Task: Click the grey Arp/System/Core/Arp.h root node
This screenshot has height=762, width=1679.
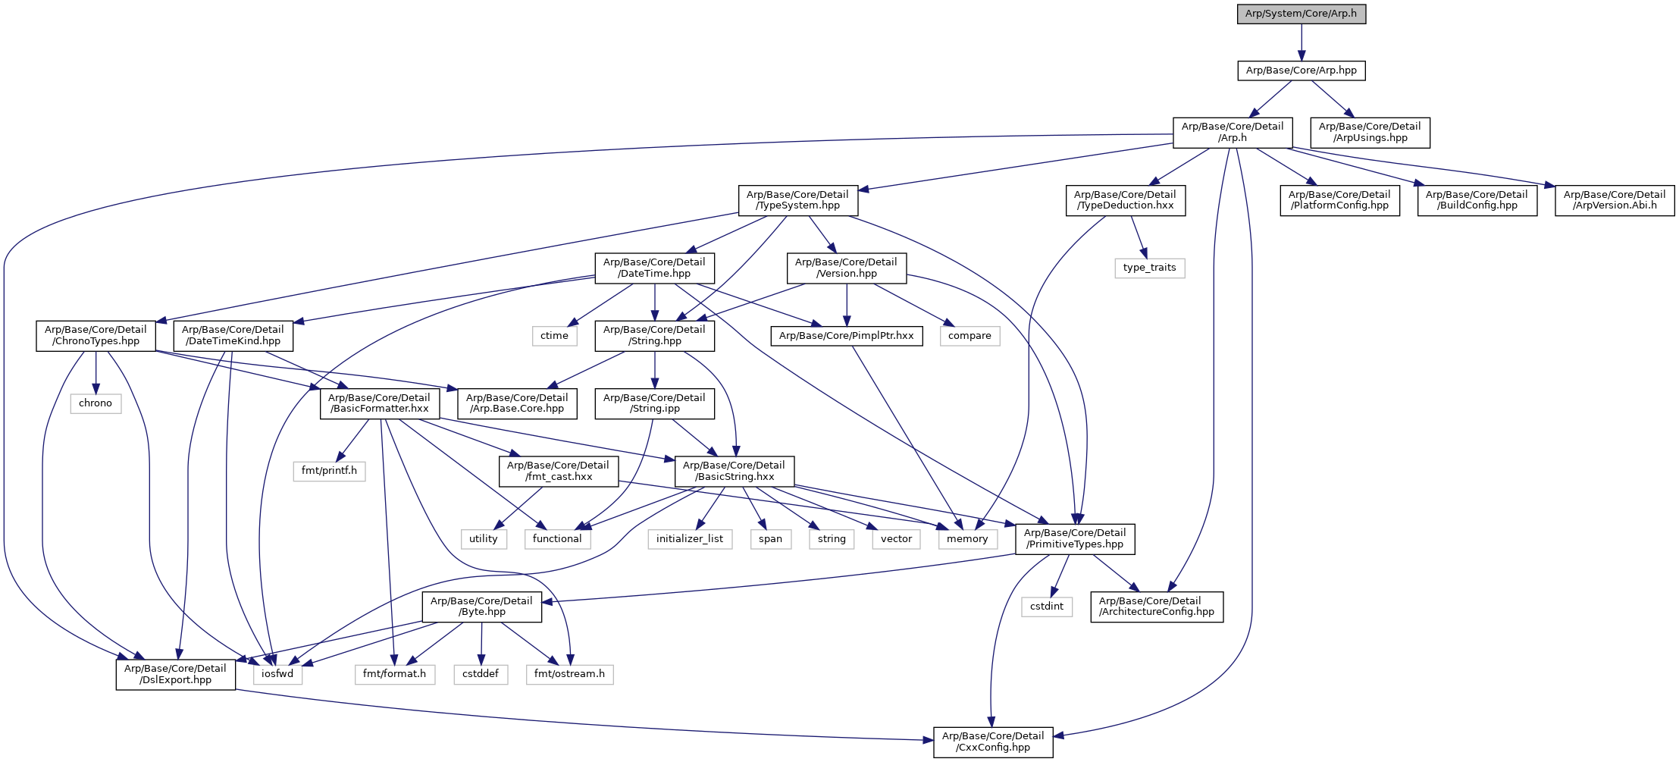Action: pos(1301,14)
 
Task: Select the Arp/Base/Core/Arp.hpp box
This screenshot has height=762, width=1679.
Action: pos(1301,71)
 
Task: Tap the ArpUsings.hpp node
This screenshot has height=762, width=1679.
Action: pos(1370,133)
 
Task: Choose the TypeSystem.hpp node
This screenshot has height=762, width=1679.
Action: pos(797,200)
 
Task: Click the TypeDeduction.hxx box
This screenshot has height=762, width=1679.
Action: pos(1125,200)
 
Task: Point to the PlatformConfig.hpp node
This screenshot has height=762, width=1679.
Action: pos(1339,200)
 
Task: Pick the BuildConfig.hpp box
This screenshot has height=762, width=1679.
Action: pos(1477,200)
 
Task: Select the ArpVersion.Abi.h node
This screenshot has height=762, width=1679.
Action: pos(1614,200)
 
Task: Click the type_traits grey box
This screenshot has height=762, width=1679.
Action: pos(1149,268)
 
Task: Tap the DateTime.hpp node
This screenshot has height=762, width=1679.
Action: pos(654,268)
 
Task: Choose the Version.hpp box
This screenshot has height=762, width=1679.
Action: pos(846,268)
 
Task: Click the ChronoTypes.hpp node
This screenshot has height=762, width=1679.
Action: pos(96,335)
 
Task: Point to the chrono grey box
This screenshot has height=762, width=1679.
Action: pos(96,403)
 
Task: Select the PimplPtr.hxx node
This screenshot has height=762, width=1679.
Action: pos(846,336)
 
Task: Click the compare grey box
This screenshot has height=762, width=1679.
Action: pos(969,336)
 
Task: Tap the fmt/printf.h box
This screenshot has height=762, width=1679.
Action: pos(329,471)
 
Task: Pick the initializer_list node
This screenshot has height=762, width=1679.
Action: pos(689,539)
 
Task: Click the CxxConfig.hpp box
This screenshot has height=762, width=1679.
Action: pos(993,742)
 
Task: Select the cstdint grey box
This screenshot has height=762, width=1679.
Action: pos(1047,607)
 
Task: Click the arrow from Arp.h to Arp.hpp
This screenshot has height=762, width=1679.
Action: pos(1302,42)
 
